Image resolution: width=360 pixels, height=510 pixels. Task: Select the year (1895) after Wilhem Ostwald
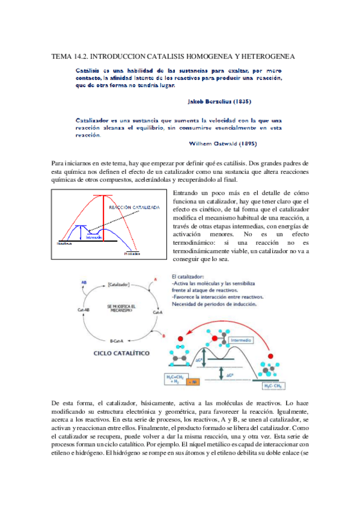tap(271, 144)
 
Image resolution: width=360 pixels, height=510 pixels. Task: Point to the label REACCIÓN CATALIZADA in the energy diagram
tap(134, 207)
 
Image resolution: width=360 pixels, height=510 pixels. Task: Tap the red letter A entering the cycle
tap(155, 280)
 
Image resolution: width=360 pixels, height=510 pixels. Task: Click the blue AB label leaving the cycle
tap(84, 281)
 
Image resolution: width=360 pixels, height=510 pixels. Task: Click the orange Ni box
tap(194, 381)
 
